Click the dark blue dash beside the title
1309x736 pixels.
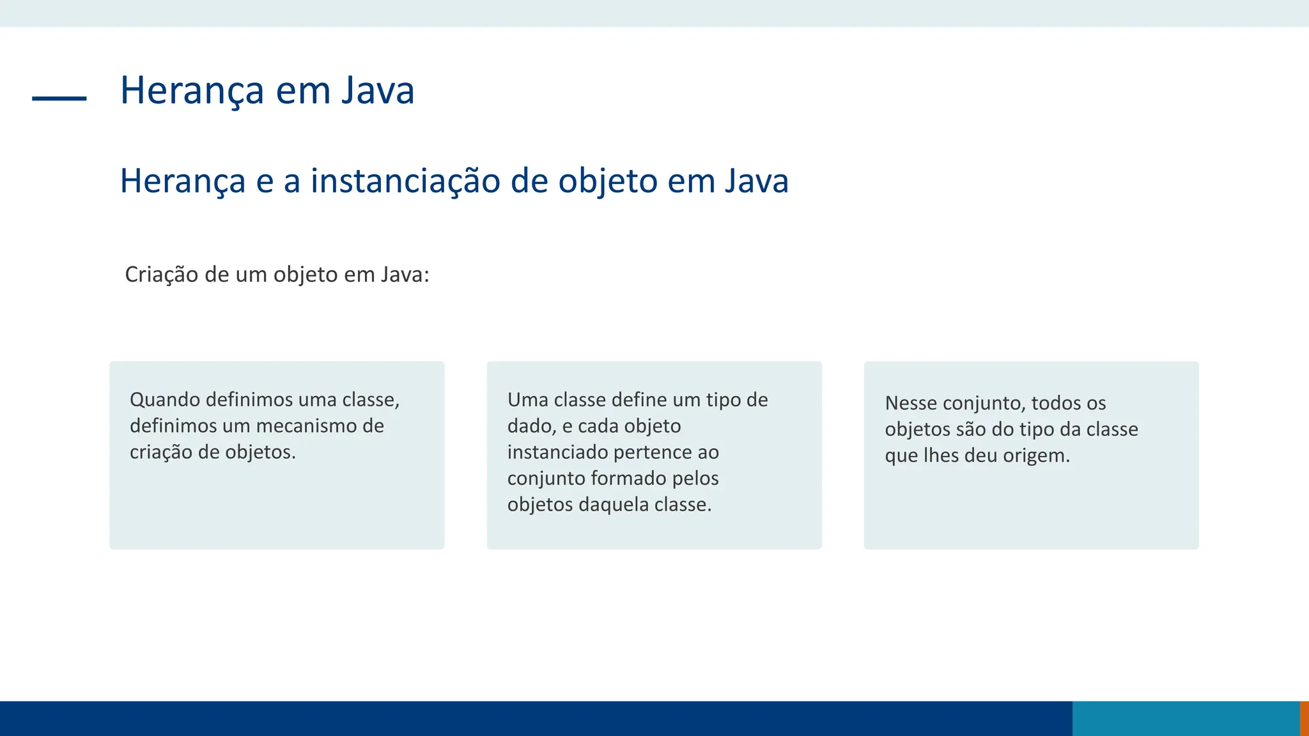click(59, 98)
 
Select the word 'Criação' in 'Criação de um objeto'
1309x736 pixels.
click(162, 275)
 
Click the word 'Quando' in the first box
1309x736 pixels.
click(164, 400)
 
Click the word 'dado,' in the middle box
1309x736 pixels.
click(532, 426)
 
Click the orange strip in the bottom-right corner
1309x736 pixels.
click(1305, 719)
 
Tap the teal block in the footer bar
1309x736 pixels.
click(1186, 719)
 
